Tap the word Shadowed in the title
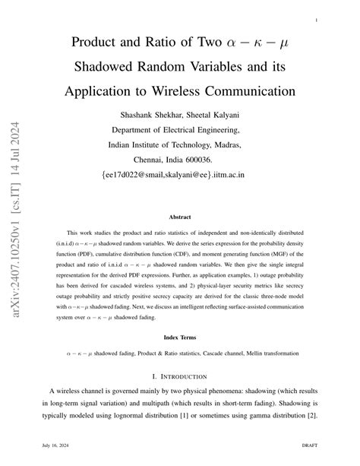click(x=112, y=67)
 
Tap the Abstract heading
click(x=180, y=217)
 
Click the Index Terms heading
click(x=180, y=337)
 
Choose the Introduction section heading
click(x=180, y=376)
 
